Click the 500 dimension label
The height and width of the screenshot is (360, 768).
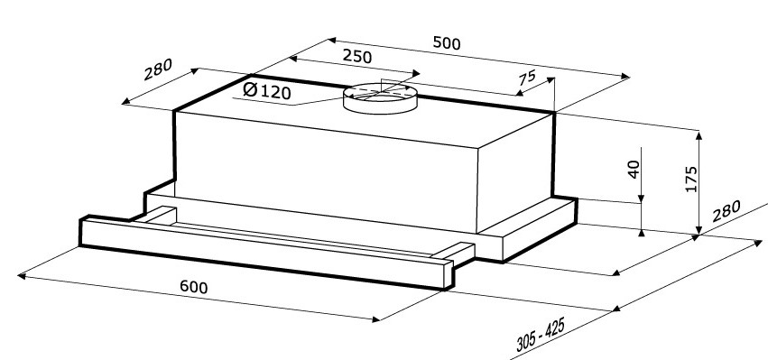click(x=447, y=43)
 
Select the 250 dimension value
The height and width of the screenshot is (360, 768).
click(x=357, y=56)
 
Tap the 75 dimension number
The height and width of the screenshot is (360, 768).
click(x=527, y=78)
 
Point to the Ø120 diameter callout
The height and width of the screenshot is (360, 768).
click(x=267, y=90)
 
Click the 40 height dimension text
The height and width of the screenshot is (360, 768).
click(x=634, y=169)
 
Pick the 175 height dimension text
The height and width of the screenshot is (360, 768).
click(x=690, y=180)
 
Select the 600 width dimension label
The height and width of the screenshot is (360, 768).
click(x=193, y=287)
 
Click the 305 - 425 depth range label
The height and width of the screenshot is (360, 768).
click(x=541, y=334)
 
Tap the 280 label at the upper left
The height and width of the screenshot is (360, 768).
click(x=158, y=69)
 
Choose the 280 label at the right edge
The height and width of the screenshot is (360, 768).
click(x=726, y=211)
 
